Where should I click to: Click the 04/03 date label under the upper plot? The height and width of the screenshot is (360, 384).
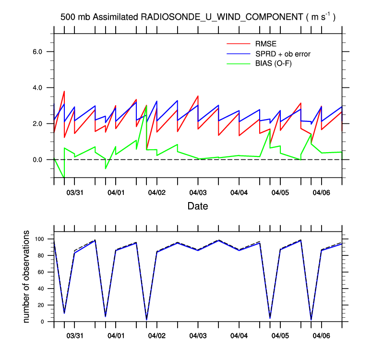[x=198, y=192]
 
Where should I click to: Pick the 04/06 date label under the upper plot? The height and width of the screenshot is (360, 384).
[x=321, y=192]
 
